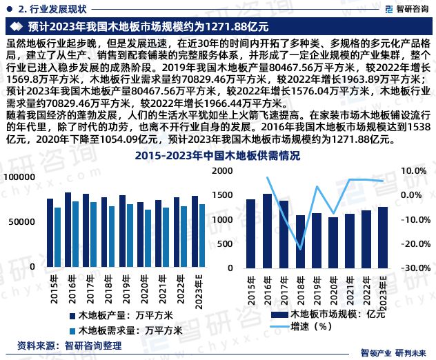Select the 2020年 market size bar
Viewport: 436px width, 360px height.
pos(333,242)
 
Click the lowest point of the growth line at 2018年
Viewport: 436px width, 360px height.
pos(300,248)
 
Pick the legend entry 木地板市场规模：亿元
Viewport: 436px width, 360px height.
pos(333,315)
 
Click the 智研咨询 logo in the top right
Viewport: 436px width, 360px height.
pos(403,9)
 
